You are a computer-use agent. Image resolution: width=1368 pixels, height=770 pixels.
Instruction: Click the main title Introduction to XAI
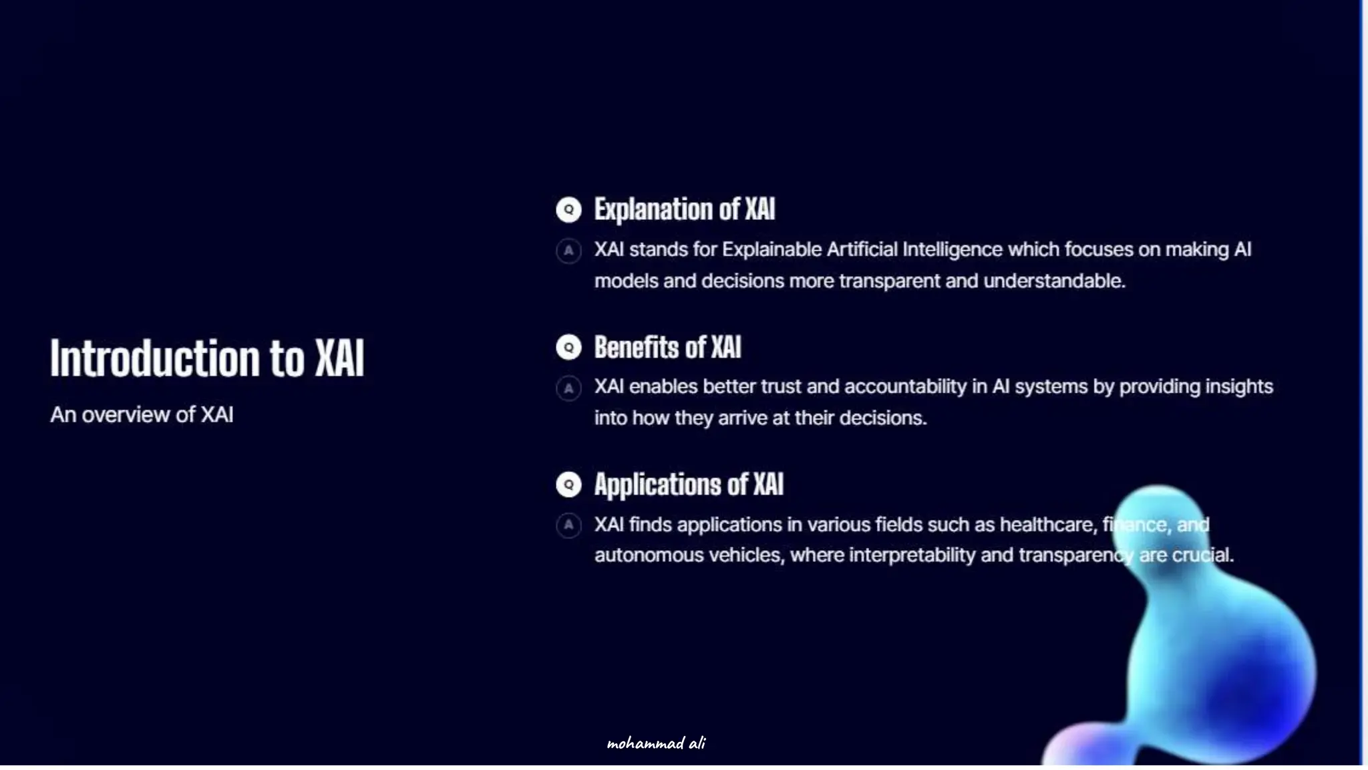[207, 358]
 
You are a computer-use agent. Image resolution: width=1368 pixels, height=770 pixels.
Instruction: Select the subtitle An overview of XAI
[142, 415]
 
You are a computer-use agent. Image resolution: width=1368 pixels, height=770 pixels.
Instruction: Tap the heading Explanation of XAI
[685, 209]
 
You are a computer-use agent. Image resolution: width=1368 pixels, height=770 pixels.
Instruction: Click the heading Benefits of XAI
[667, 348]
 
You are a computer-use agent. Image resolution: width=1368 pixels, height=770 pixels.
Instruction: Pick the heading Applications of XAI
[689, 485]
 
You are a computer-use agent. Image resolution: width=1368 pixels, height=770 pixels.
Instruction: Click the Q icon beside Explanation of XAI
[568, 210]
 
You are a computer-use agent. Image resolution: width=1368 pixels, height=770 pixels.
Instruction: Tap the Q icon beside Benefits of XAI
[568, 348]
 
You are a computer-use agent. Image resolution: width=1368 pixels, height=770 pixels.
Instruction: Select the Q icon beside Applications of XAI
[568, 485]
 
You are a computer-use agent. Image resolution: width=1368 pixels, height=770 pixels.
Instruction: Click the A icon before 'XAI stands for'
[568, 251]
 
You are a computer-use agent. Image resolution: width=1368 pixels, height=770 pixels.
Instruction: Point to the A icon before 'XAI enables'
[568, 388]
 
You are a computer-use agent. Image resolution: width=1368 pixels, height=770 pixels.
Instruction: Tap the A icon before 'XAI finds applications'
[568, 525]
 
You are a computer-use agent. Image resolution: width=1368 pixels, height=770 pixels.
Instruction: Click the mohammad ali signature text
[656, 743]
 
